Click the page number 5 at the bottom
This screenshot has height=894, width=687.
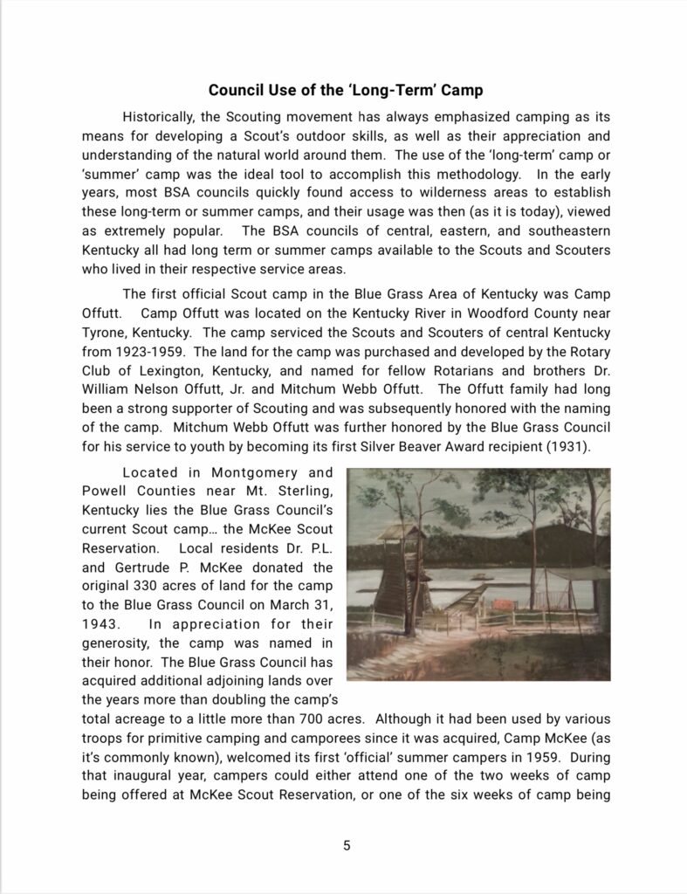tap(347, 845)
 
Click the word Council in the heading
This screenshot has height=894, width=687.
tap(237, 90)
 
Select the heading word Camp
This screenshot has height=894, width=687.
tap(460, 90)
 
